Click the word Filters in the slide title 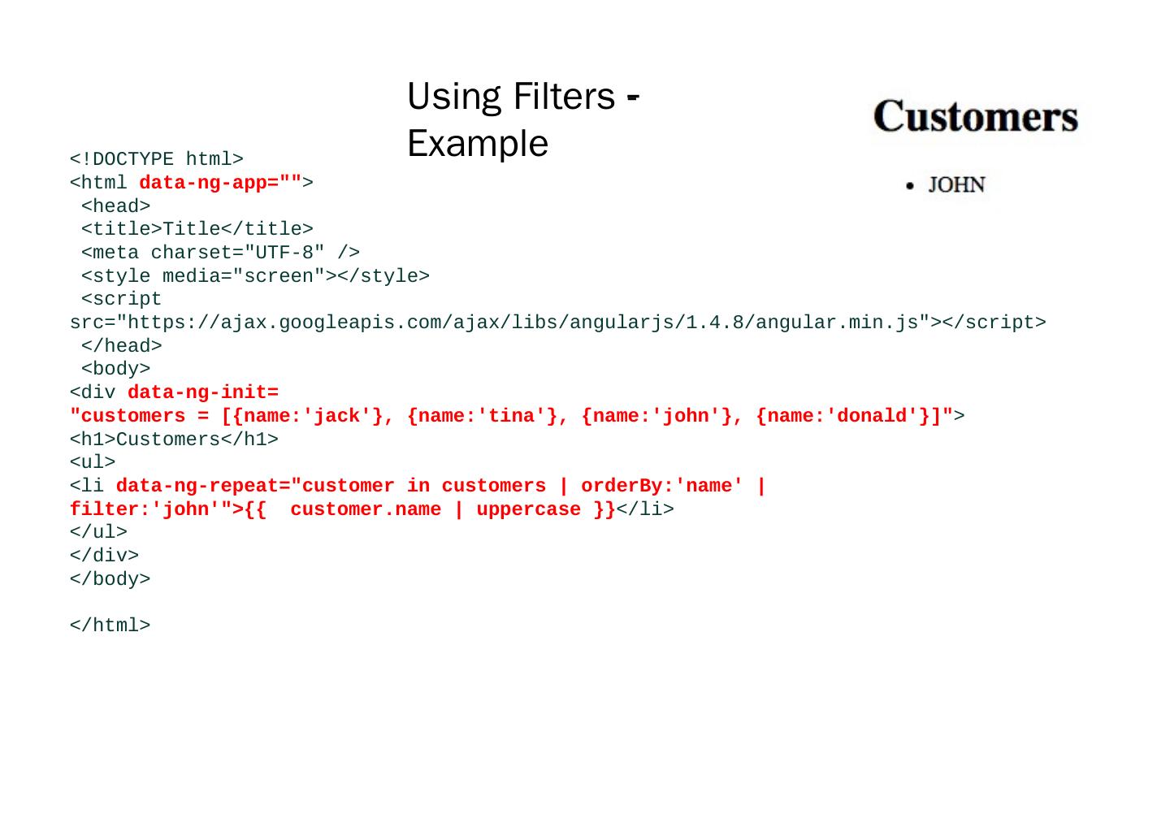click(564, 97)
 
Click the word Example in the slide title click(478, 144)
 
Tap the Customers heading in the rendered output click(975, 116)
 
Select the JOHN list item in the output click(956, 185)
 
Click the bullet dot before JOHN click(910, 186)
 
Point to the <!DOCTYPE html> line click(157, 159)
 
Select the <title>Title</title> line click(197, 229)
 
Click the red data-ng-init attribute click(203, 392)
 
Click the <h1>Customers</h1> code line click(174, 439)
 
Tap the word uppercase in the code click(528, 509)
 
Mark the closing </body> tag click(110, 579)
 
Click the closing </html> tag click(110, 626)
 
